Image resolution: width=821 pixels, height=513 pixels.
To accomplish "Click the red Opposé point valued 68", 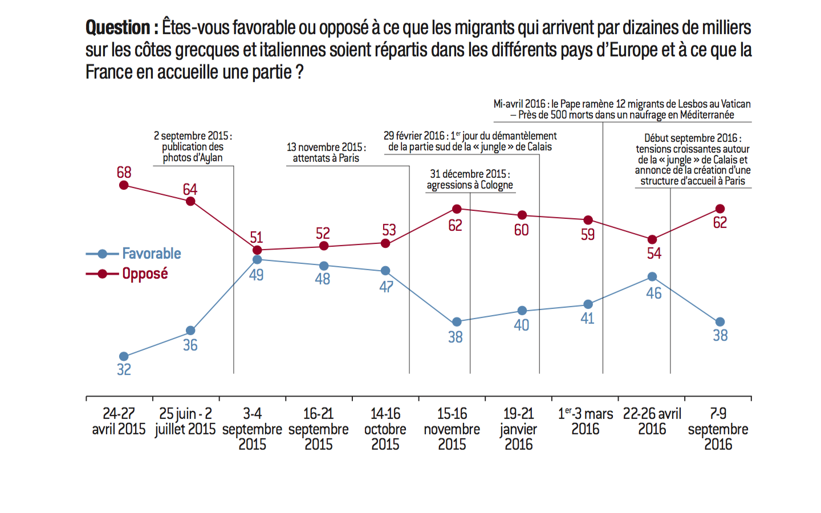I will tap(124, 185).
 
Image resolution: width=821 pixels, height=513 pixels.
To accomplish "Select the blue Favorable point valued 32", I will tap(124, 357).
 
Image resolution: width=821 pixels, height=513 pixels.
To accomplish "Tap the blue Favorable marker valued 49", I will tap(257, 259).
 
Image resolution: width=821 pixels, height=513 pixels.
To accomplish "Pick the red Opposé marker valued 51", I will tap(257, 250).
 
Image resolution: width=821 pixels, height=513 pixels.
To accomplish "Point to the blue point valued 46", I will tap(652, 277).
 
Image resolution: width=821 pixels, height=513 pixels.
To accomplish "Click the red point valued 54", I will tap(652, 239).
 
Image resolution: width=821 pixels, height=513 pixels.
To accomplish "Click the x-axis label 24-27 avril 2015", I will tap(119, 421).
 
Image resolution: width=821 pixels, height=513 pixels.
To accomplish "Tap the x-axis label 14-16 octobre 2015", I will tap(385, 429).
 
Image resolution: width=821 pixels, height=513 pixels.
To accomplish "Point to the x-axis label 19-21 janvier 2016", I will tap(519, 429).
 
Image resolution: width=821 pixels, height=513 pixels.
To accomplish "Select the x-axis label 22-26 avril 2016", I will tap(652, 421).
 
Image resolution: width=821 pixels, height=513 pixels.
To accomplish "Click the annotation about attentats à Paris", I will tap(326, 153).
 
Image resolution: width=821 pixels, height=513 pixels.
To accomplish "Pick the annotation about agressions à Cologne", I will tap(470, 180).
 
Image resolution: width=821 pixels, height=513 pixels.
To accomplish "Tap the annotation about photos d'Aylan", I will tap(193, 146).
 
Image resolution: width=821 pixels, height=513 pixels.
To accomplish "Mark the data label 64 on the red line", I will tap(190, 189).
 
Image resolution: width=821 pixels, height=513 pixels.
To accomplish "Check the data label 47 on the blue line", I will tap(387, 287).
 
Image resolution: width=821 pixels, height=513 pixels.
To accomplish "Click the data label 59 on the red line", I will tap(588, 234).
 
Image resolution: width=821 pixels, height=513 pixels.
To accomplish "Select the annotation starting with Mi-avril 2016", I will tap(622, 109).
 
